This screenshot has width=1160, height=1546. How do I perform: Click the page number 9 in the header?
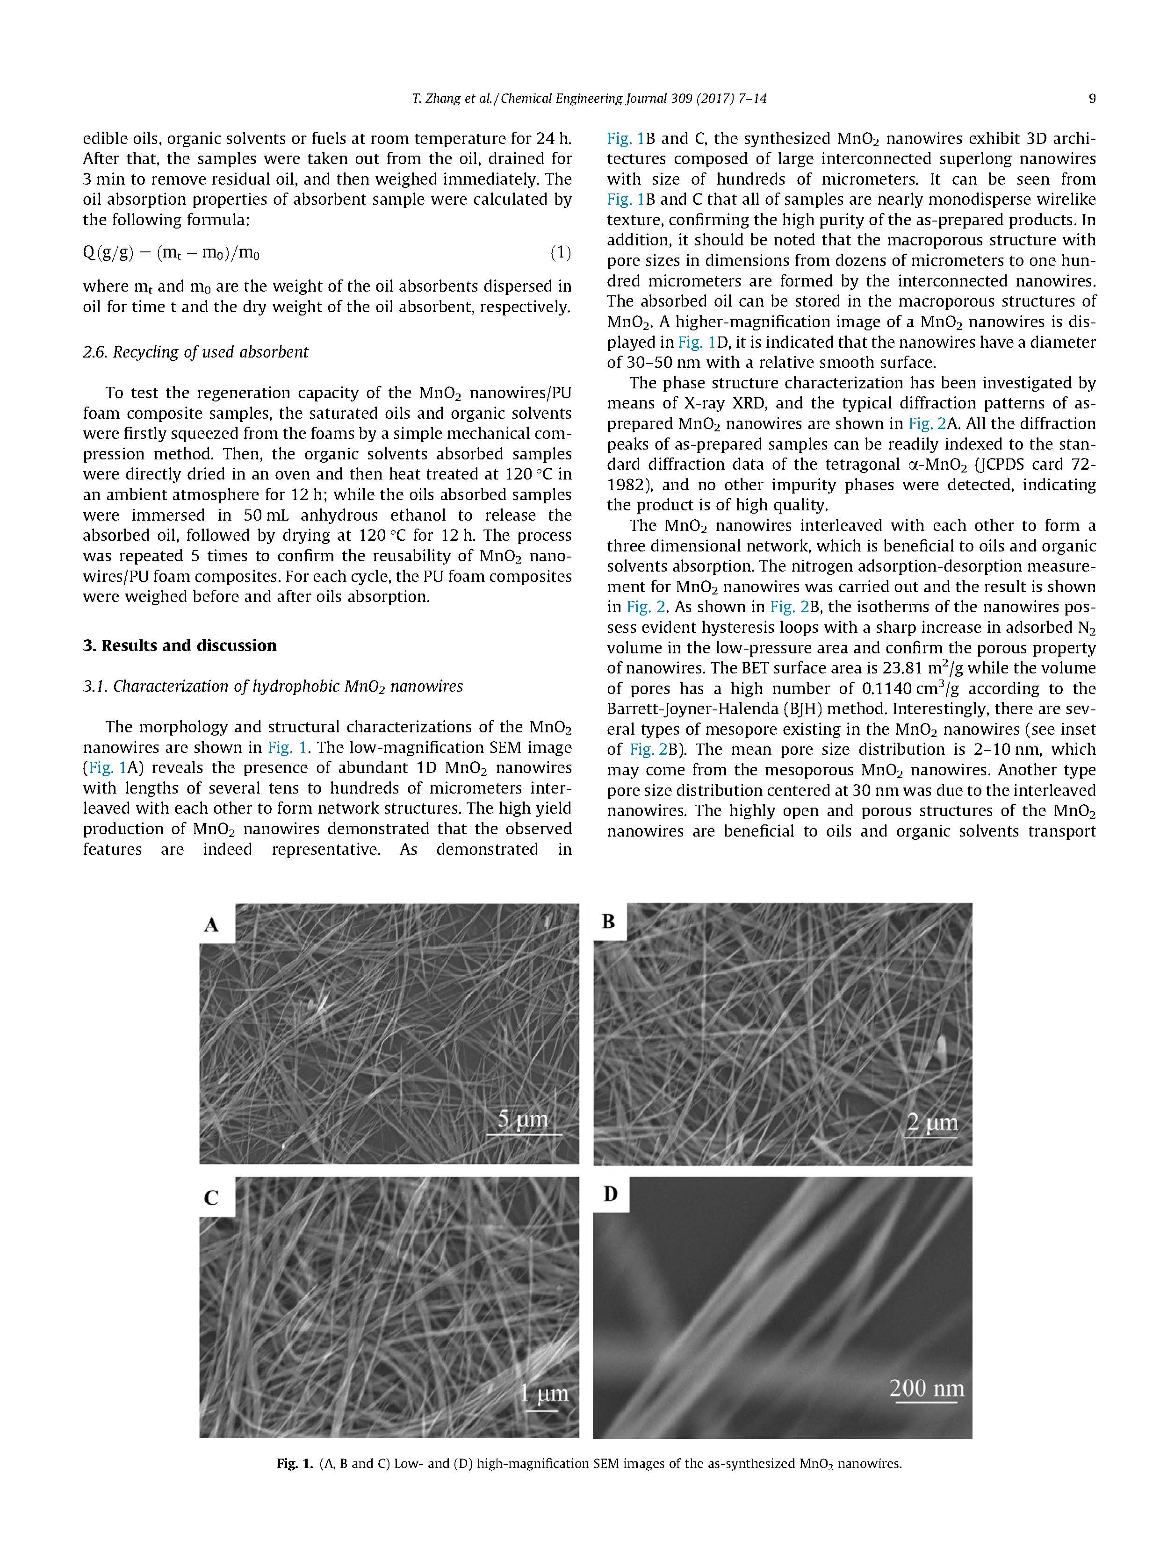(1091, 99)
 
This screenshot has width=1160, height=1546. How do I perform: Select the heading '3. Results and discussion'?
(180, 645)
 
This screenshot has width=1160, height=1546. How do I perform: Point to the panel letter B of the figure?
(608, 922)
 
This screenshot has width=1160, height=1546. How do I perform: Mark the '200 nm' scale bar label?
(927, 1388)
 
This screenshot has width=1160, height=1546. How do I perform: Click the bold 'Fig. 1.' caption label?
(295, 1463)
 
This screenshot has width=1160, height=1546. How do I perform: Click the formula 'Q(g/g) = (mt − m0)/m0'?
(171, 253)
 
